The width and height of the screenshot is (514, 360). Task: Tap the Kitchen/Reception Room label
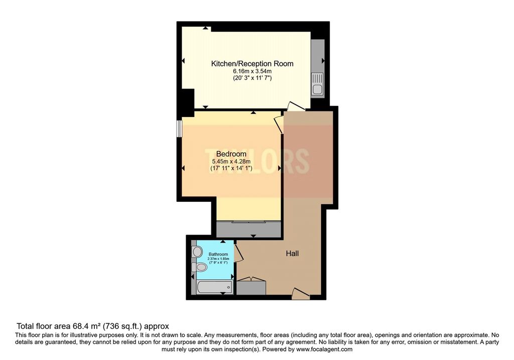[x=252, y=64]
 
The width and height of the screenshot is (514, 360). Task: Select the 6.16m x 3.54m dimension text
[x=252, y=71]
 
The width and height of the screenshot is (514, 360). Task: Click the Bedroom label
[x=231, y=154]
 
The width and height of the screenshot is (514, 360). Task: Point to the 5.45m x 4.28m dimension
[x=231, y=161]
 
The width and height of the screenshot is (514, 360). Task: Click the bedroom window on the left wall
[x=179, y=128]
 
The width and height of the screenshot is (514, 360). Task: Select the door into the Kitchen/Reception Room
[x=296, y=106]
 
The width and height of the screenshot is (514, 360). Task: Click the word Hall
[x=292, y=254]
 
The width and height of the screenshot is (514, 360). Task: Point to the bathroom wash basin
[x=196, y=251]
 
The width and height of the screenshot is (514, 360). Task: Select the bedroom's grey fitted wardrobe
[x=248, y=229]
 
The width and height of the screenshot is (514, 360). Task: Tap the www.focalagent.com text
[x=324, y=349]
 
